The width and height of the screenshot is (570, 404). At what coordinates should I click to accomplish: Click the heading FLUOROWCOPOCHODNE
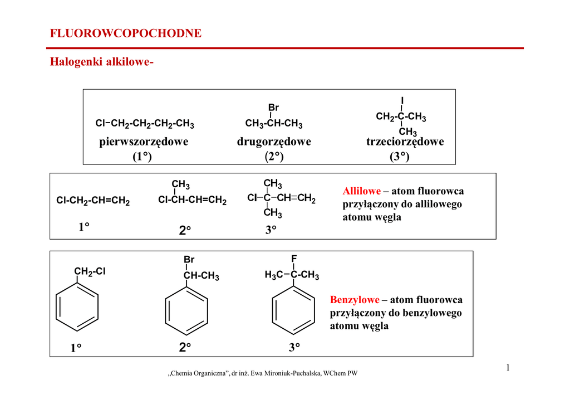(x=126, y=33)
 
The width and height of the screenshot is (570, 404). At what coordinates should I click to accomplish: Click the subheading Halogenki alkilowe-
(x=102, y=62)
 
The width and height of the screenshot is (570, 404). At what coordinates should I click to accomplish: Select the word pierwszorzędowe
(x=144, y=142)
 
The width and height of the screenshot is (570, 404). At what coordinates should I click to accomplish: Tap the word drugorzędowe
(x=274, y=142)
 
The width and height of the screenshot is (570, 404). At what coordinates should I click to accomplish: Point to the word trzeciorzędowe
(x=405, y=142)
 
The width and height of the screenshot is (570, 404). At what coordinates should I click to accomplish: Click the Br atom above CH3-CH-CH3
(x=273, y=108)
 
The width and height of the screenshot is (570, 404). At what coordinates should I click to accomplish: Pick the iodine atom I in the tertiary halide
(x=402, y=100)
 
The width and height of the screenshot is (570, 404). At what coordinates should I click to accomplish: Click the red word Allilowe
(x=362, y=191)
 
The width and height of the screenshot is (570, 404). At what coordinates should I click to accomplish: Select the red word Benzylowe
(x=355, y=300)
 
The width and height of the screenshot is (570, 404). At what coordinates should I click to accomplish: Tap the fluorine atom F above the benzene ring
(x=294, y=259)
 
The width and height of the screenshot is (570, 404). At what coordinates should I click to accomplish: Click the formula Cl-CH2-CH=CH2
(x=93, y=201)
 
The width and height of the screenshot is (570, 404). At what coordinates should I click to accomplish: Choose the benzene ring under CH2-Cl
(x=77, y=307)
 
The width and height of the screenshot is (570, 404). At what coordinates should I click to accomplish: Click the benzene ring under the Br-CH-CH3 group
(x=186, y=311)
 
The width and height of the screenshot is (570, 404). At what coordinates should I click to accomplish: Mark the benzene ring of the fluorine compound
(x=293, y=310)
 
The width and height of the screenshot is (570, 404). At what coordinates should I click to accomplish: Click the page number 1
(x=508, y=368)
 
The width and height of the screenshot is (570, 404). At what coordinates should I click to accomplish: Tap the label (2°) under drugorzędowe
(x=274, y=157)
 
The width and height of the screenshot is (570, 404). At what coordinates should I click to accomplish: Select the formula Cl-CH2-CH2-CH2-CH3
(x=145, y=124)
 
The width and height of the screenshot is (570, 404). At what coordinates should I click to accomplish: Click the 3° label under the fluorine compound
(x=294, y=347)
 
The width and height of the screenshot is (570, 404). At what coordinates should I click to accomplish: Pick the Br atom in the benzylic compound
(x=189, y=260)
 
